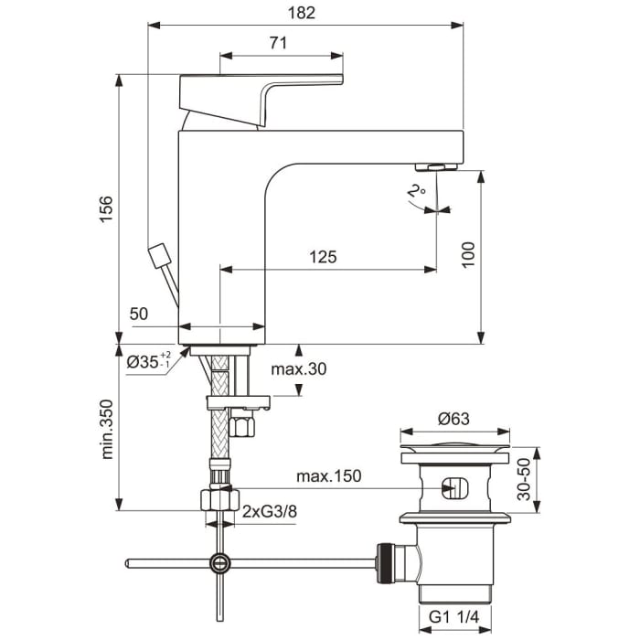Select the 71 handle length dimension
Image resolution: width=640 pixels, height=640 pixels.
pos(280,42)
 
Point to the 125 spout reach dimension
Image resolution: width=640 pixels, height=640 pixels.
pos(322,257)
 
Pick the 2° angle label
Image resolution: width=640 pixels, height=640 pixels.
pos(418,193)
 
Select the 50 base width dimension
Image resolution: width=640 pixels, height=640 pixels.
pos(139,314)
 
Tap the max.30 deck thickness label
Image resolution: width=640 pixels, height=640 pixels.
pos(299,369)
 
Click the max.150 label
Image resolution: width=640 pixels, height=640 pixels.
pos(329,476)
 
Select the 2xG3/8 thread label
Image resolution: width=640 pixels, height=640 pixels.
pos(270,512)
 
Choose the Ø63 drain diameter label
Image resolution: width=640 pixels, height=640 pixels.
pos(453,418)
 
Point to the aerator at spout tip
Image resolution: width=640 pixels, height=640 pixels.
pos(437,166)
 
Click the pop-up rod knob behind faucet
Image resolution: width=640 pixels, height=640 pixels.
pos(161,253)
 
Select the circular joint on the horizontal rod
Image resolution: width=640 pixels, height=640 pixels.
pos(219,563)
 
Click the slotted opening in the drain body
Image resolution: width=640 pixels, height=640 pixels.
pos(453,487)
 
